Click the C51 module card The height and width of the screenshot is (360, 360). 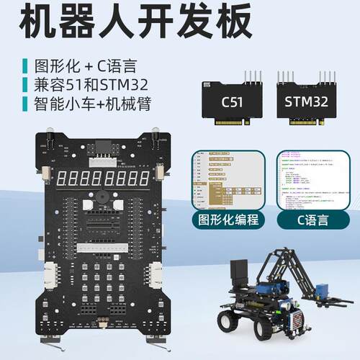click(x=231, y=101)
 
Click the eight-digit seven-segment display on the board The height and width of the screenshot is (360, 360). click(x=101, y=177)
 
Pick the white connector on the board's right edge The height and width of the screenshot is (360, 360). click(x=155, y=276)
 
